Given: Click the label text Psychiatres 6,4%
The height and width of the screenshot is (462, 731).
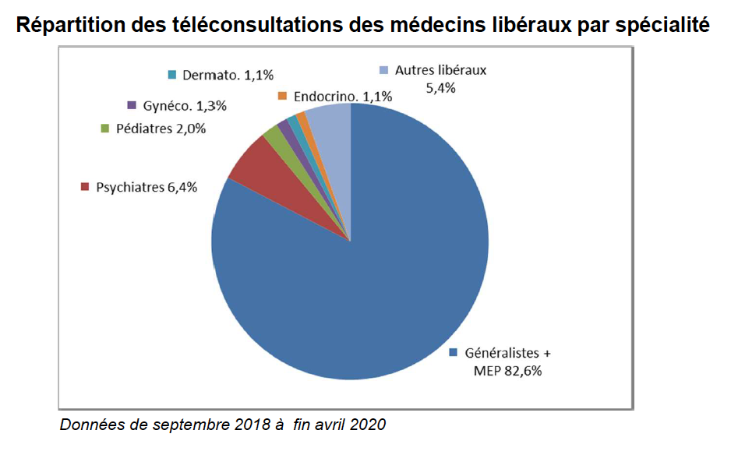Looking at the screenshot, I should (147, 187).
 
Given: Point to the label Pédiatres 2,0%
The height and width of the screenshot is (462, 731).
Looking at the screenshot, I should (161, 129).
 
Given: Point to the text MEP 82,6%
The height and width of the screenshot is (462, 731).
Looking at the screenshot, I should (507, 371).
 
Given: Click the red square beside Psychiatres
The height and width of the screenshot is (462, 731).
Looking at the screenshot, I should (85, 187).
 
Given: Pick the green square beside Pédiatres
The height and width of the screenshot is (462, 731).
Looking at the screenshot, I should (104, 129).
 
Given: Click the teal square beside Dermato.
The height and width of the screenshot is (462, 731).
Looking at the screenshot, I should (171, 75).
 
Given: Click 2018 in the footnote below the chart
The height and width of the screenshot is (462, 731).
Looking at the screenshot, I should (246, 425).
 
